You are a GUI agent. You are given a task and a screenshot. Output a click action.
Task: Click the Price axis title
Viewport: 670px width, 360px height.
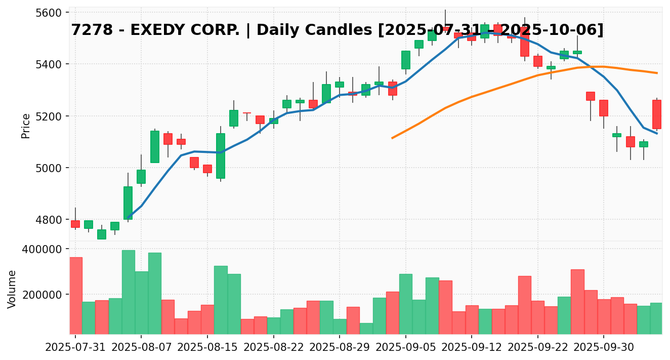26,126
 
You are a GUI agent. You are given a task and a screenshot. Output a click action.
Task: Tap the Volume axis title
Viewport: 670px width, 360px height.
12,289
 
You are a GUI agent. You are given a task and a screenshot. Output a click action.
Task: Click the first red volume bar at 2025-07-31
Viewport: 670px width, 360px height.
76,296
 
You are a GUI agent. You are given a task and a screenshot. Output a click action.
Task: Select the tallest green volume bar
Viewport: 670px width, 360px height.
129,292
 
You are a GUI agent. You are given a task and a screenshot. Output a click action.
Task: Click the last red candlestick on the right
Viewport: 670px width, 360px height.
657,114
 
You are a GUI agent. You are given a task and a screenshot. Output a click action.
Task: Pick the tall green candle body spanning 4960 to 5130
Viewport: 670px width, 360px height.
221,156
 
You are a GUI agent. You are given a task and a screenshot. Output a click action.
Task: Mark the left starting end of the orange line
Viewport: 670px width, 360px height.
392,138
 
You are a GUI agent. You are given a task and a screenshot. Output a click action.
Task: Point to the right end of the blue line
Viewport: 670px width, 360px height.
657,133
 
